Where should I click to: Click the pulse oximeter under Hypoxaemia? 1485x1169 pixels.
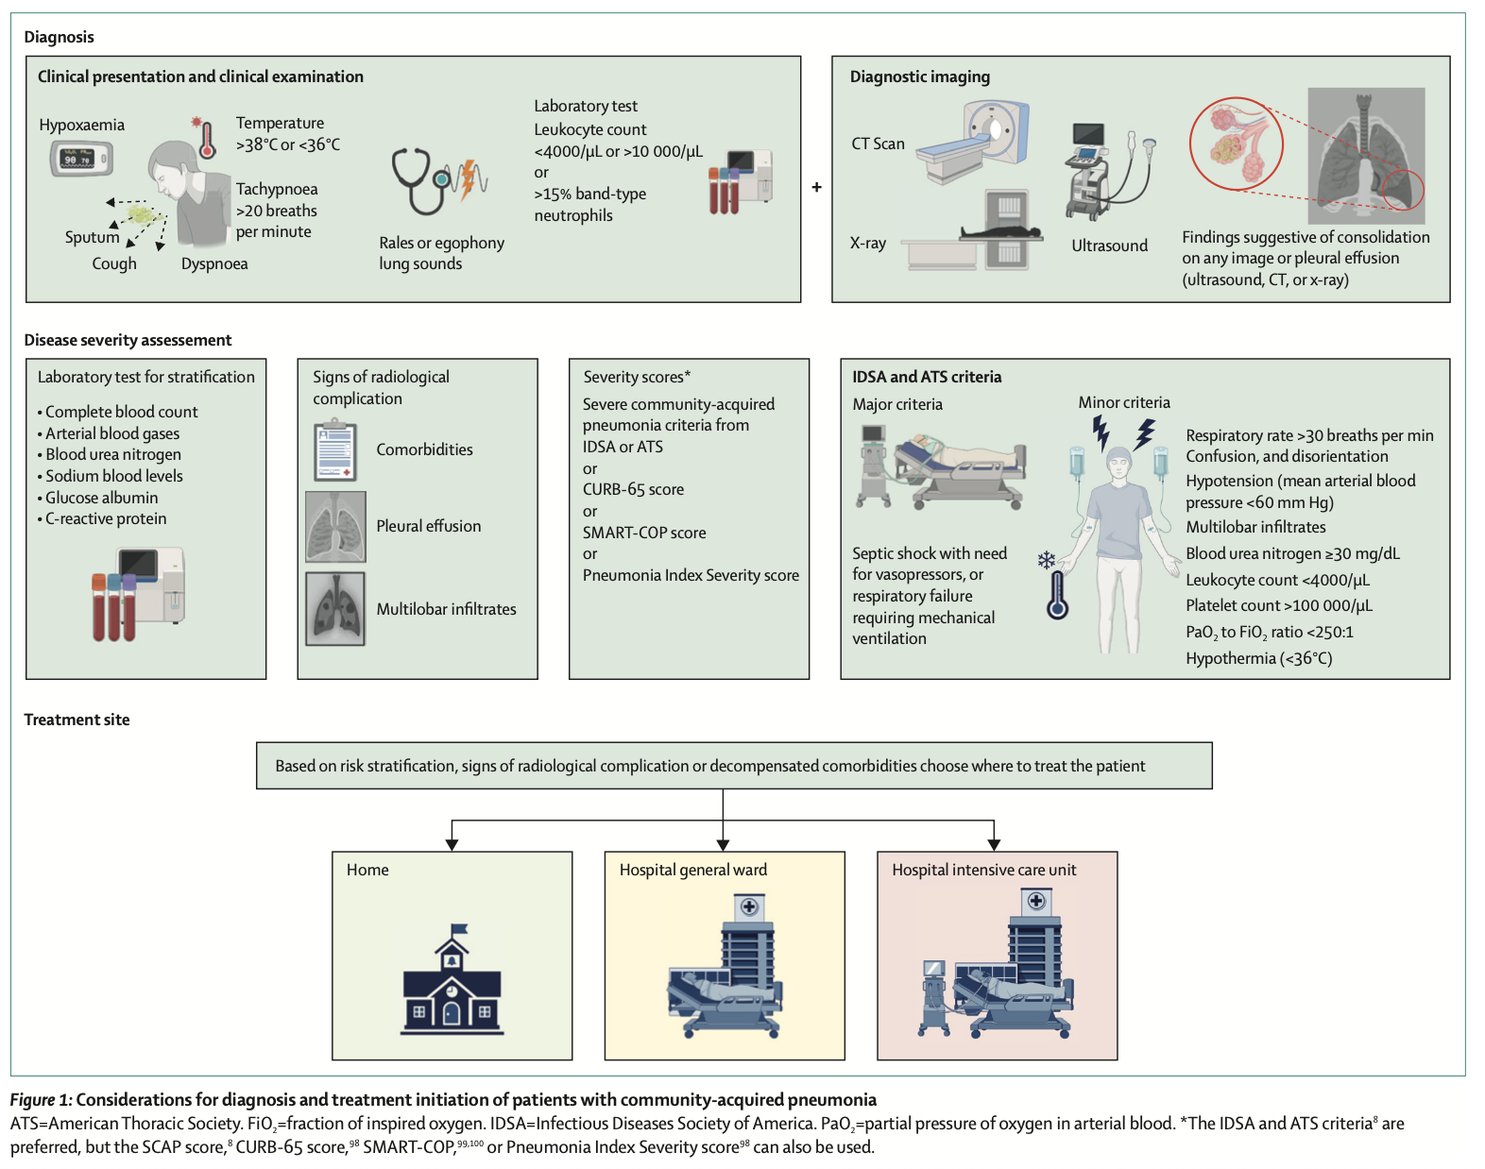point(81,159)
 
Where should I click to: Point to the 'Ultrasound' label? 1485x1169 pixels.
point(1109,246)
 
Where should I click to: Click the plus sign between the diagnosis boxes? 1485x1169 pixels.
point(816,187)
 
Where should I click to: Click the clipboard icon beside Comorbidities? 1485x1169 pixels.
point(335,451)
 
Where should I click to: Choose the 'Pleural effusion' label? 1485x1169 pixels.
point(428,526)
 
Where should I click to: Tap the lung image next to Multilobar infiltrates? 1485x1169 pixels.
point(335,609)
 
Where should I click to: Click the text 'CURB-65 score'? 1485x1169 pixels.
point(633,489)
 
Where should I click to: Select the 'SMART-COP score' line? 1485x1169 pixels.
point(644,533)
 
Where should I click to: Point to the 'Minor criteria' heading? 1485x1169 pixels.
point(1123,402)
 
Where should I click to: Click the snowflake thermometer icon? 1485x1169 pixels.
point(1054,585)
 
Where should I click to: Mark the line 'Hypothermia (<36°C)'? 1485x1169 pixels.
point(1258,658)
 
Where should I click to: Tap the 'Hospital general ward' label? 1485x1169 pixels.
point(692,870)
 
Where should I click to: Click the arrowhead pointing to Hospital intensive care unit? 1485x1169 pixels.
point(994,844)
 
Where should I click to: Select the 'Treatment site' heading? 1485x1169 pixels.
point(77,720)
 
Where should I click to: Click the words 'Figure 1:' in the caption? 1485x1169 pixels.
point(41,1099)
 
